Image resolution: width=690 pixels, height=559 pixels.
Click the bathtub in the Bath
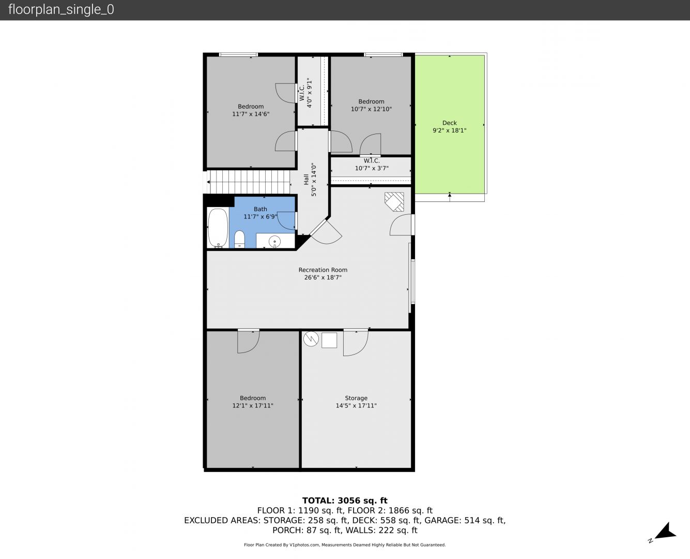pos(218,228)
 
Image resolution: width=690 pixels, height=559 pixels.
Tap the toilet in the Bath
pos(239,240)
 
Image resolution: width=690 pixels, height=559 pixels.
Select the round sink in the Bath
pos(274,241)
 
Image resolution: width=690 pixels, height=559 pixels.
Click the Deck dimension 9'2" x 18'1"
pos(449,130)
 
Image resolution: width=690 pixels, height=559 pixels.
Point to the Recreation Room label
pos(323,270)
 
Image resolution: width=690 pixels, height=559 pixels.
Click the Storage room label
pos(356,398)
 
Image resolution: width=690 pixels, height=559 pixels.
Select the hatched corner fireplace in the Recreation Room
pos(394,201)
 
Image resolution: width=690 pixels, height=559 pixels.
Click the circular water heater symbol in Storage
pos(311,340)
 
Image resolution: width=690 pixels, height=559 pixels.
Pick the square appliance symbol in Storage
pos(329,341)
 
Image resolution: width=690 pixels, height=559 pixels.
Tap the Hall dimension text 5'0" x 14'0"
pos(314,180)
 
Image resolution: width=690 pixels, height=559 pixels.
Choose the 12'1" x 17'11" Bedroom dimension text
pos(253,406)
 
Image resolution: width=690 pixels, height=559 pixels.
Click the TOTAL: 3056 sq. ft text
pos(345,501)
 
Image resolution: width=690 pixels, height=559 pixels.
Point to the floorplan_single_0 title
pos(61,9)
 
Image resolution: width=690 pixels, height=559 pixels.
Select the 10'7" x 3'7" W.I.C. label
pos(372,168)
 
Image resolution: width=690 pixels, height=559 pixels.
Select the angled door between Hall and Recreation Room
pos(326,231)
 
